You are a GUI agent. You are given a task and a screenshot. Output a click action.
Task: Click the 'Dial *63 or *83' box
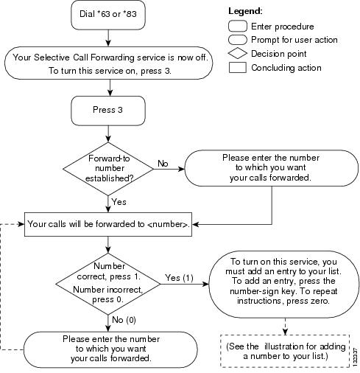[x=108, y=15]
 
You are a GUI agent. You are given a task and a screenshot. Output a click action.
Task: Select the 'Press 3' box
[x=108, y=111]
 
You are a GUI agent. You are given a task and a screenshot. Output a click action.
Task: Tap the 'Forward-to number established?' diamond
[x=108, y=169]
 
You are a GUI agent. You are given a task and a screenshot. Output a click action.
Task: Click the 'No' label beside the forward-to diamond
[x=163, y=164]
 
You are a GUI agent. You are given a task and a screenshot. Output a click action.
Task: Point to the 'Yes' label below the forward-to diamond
[x=119, y=202]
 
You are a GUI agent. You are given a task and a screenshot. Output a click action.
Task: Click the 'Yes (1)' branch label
[x=179, y=278]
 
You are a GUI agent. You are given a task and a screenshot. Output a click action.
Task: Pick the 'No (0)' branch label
[x=124, y=320]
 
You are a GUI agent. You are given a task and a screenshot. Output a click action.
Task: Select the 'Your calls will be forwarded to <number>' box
[x=108, y=224]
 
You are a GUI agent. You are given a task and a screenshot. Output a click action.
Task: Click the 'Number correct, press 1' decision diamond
[x=108, y=284]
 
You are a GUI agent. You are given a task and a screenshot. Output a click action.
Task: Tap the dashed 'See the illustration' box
[x=285, y=351]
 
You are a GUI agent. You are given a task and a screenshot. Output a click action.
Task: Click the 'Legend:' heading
[x=245, y=11]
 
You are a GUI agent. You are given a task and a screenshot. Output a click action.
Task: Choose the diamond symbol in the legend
[x=237, y=54]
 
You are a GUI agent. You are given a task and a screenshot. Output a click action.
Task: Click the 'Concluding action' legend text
[x=286, y=68]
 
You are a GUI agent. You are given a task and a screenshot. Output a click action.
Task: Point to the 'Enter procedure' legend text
[x=283, y=27]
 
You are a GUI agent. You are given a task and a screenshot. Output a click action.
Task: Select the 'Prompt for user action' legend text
[x=294, y=40]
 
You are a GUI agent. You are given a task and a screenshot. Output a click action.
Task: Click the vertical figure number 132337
[x=356, y=358]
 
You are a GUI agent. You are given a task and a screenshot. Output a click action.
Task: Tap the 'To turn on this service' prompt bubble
[x=284, y=285]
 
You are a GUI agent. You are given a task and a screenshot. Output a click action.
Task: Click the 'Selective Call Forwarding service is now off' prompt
[x=108, y=63]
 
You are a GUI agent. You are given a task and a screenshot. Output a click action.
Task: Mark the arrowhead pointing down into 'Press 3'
[x=110, y=93]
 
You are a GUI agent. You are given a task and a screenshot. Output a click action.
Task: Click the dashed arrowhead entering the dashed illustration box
[x=285, y=332]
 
